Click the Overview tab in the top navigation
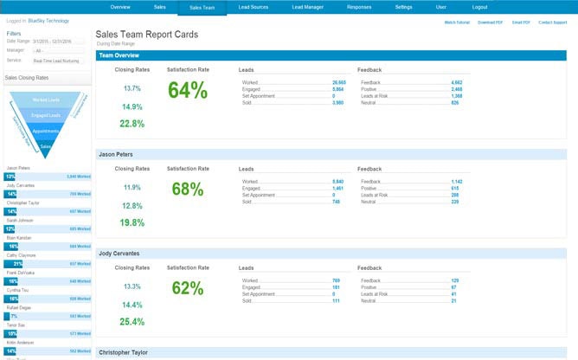click(120, 7)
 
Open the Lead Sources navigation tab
click(254, 7)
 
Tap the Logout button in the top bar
click(479, 7)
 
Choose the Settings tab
click(403, 7)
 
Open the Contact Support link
click(553, 22)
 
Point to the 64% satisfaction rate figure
click(188, 90)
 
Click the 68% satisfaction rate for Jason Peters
click(188, 189)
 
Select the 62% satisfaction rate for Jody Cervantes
click(188, 287)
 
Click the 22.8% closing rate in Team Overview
click(132, 124)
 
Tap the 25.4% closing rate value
click(132, 321)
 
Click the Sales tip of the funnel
click(46, 147)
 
